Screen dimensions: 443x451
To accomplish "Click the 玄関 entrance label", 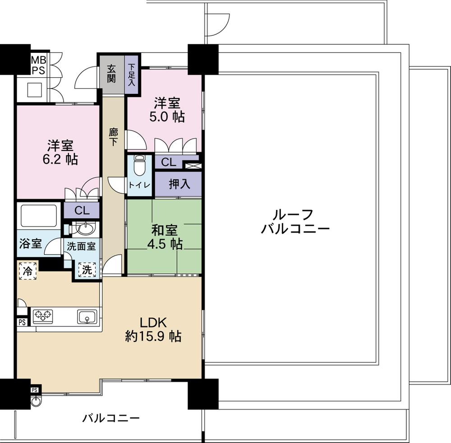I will pos(111,74).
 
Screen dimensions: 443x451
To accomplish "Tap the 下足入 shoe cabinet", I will pos(132,75).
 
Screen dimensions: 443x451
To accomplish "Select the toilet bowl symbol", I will pos(139,165).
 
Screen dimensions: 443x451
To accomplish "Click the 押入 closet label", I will pos(179,184).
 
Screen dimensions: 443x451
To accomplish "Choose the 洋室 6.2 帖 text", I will pos(61,153).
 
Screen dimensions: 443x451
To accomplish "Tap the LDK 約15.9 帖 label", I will pos(153,329).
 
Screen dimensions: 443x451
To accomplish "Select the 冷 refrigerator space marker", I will pos(28,271).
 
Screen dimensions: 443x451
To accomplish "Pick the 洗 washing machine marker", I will pos(87,270).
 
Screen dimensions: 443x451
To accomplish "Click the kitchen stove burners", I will pos(42,315).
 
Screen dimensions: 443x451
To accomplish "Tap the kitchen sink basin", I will pos(86,317).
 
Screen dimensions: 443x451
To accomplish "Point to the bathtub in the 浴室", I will pos(38,216).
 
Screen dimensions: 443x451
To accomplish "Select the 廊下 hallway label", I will pos(113,135).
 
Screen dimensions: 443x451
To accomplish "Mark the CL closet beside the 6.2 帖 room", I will pos(81,210).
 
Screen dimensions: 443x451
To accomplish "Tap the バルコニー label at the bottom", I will pos(110,418).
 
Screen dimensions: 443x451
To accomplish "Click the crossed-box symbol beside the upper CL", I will pos(193,165).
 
